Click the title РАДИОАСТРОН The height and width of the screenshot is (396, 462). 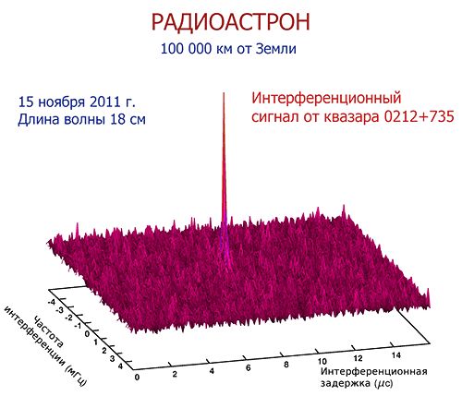(230, 22)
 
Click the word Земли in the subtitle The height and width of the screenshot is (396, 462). (276, 49)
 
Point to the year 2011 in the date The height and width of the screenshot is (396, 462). (104, 102)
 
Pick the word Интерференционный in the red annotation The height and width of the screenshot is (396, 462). (326, 99)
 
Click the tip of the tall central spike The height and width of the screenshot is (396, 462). (224, 92)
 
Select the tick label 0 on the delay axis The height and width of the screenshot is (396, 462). (137, 378)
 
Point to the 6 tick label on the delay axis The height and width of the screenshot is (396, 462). (249, 368)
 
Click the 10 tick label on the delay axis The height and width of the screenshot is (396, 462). (322, 361)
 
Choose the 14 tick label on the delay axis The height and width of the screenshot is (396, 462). (396, 355)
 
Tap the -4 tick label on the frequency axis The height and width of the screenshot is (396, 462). (51, 303)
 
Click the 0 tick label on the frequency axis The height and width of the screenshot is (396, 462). (87, 334)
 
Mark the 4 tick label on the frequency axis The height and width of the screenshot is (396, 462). (120, 366)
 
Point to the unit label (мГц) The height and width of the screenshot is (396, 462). (76, 376)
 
